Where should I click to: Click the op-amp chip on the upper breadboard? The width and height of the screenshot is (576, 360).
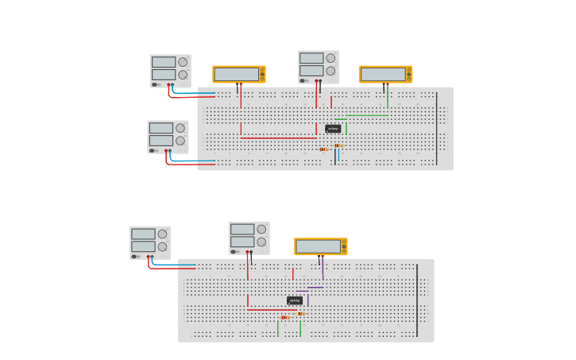(333, 129)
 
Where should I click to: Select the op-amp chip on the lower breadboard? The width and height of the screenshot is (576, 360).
(295, 300)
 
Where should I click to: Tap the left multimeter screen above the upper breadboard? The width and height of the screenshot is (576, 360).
(237, 74)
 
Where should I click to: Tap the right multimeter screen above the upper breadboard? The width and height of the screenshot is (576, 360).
(383, 74)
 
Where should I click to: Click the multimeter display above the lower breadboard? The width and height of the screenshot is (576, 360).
(318, 246)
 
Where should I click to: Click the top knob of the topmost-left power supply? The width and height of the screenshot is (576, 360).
(183, 62)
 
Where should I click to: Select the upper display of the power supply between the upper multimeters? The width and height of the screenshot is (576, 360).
(311, 58)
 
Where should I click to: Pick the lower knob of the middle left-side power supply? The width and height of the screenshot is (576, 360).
(180, 141)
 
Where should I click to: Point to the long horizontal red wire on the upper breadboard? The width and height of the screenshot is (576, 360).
(278, 138)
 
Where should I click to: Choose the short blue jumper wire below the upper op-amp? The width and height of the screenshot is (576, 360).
(338, 156)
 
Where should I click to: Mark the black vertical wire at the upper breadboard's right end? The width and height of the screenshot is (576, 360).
(436, 128)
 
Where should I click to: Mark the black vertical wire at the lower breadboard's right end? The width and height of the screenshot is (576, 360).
(417, 300)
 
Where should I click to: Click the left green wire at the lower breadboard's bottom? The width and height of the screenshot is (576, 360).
(278, 328)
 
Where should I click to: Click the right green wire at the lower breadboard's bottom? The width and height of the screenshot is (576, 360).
(300, 328)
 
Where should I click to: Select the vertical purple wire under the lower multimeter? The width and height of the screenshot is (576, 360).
(323, 269)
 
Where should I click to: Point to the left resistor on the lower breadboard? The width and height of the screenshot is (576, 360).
(284, 317)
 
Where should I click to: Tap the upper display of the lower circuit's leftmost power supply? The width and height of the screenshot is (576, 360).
(143, 234)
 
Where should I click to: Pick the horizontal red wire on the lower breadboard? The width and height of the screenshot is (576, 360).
(270, 310)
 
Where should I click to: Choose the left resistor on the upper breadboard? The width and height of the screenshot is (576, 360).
(323, 149)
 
